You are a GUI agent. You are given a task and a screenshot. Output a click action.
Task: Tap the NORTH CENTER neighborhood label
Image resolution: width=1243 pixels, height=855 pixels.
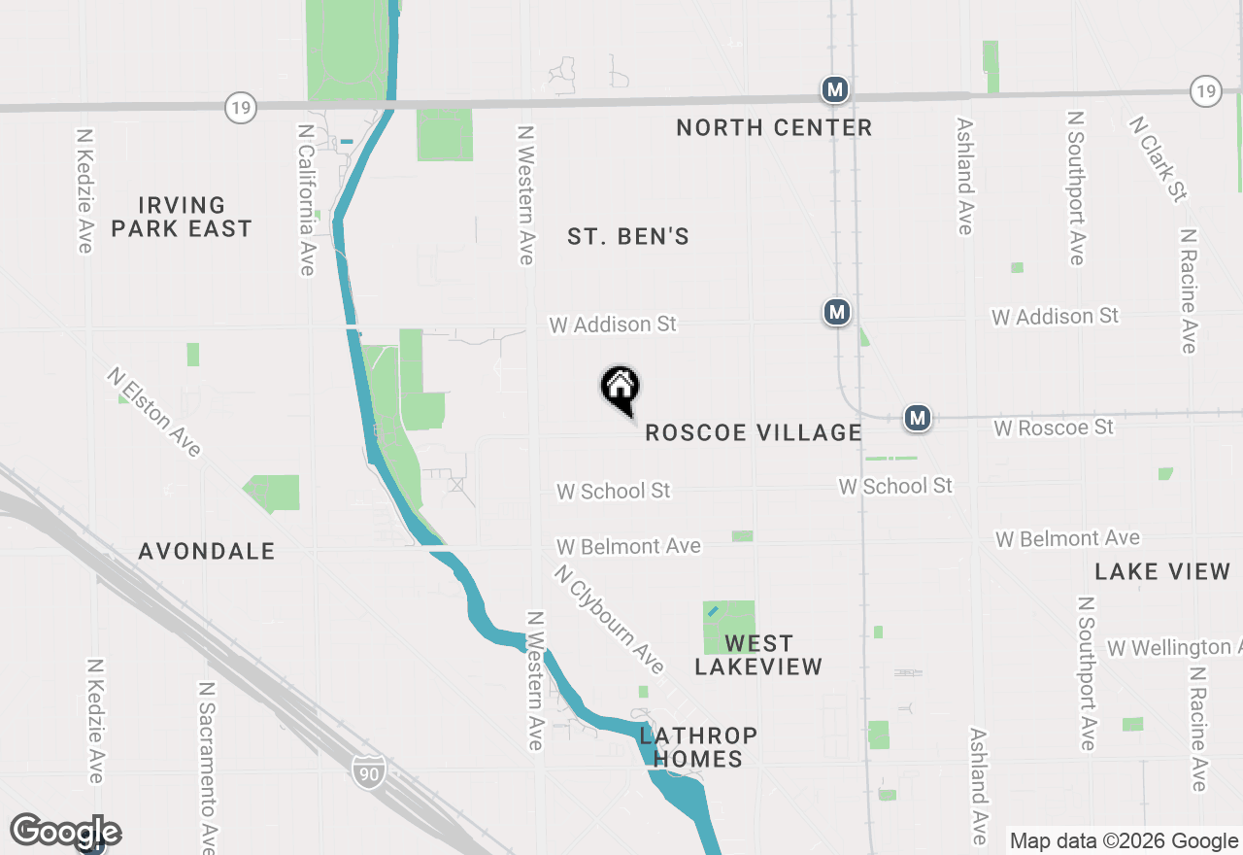point(774,127)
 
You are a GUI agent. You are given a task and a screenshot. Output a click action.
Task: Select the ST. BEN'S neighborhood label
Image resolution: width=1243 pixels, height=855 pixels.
point(628,236)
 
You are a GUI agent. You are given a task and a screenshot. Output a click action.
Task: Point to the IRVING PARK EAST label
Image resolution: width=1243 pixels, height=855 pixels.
point(182,217)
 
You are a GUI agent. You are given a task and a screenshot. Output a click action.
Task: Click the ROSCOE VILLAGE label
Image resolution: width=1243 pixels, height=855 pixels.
point(754,432)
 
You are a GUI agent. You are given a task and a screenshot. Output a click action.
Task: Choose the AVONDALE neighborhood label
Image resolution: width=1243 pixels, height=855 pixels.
point(207,551)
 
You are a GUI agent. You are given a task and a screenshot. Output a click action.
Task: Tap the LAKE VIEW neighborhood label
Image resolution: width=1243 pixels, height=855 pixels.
point(1162,571)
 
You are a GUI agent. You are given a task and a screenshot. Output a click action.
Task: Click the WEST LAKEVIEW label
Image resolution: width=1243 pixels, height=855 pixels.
point(758,655)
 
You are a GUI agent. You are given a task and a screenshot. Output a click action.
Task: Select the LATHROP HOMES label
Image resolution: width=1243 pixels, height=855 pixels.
point(697,747)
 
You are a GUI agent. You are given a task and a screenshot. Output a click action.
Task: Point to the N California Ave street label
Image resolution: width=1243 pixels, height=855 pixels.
point(307,199)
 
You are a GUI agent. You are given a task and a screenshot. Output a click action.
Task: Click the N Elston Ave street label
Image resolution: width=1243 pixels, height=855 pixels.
point(155,411)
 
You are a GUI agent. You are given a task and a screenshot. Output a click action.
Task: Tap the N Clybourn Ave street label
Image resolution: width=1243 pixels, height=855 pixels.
point(610,620)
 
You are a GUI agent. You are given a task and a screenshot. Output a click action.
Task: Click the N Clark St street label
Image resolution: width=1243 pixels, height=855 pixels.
point(1158,158)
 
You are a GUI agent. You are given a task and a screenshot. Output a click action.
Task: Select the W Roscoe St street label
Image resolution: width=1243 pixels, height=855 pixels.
point(1054,427)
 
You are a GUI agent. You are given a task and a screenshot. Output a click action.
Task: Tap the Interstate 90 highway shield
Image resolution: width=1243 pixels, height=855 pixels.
point(368,770)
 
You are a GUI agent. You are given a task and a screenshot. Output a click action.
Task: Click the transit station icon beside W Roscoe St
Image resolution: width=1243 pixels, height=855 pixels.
point(918,418)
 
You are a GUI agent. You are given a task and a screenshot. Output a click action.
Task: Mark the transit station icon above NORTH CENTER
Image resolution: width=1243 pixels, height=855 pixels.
point(834,90)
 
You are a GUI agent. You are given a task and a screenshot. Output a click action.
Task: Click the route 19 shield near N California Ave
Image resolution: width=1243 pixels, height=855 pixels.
point(241,107)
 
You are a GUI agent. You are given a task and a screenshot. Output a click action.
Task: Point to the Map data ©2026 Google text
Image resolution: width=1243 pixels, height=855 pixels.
point(1123,841)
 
